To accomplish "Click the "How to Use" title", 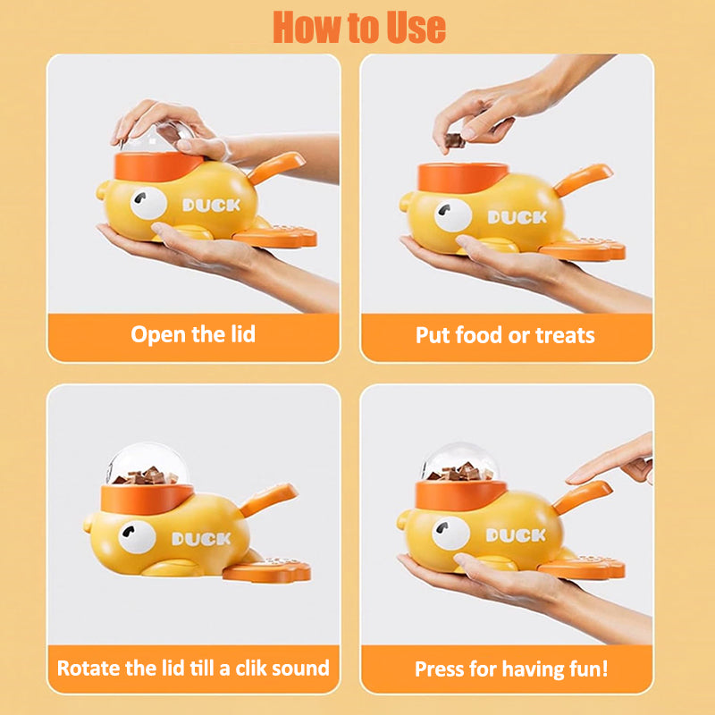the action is (359, 28).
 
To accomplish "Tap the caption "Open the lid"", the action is (193, 334).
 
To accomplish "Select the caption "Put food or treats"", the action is (505, 335).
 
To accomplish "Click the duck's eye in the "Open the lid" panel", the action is (148, 203).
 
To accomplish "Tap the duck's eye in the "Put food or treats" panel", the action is (453, 214).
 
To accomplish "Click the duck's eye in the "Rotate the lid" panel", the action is (137, 537).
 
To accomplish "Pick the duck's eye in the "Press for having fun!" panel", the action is (451, 533).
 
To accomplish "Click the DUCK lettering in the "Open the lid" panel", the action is (211, 206).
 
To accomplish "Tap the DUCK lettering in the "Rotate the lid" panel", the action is (201, 539).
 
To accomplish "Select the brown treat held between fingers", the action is (455, 140).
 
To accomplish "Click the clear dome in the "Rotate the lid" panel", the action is (147, 464).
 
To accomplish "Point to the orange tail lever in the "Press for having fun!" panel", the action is (582, 497).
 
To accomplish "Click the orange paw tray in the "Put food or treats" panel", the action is (582, 249).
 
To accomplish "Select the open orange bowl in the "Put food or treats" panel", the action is (463, 177).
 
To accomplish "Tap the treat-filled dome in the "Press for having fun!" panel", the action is (459, 462).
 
